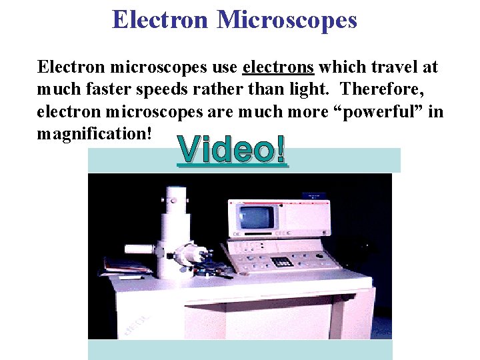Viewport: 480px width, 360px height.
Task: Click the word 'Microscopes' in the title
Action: coord(287,20)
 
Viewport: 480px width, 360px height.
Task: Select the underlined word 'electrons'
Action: coord(278,67)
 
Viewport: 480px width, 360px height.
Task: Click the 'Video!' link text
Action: coord(233,151)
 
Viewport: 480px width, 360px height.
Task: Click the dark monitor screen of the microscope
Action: coord(257,218)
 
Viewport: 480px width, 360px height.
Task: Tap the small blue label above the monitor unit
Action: coord(314,195)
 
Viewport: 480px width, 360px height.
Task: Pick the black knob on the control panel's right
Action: coord(319,255)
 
